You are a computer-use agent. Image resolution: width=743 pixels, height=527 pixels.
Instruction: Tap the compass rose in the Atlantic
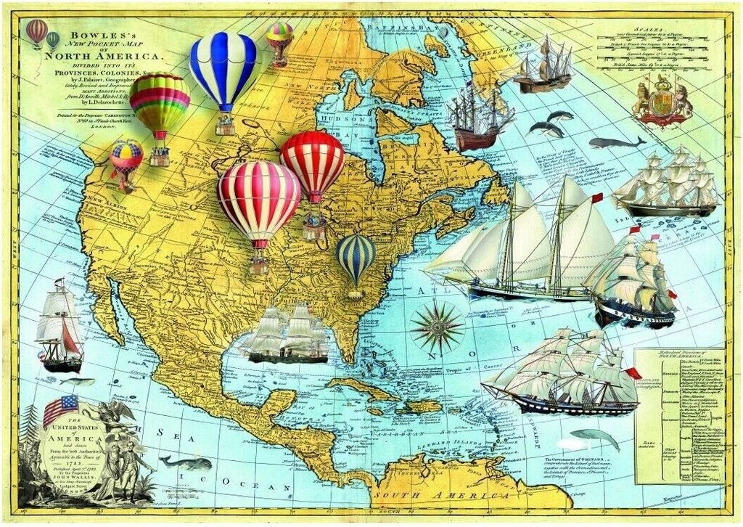tap(437, 327)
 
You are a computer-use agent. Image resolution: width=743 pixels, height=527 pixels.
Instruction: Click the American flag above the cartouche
tap(60, 409)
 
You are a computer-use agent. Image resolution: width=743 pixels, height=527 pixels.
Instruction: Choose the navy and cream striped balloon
tap(356, 258)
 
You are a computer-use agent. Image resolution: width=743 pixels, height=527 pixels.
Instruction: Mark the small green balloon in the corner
tap(53, 40)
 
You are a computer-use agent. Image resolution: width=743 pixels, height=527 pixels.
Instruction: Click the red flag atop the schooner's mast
tap(597, 198)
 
